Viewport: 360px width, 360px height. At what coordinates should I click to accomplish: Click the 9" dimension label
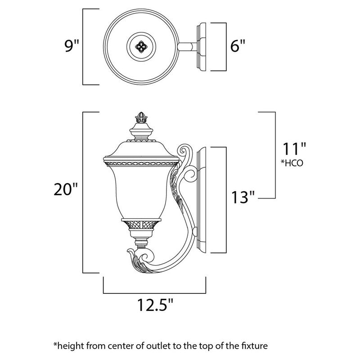[72, 46]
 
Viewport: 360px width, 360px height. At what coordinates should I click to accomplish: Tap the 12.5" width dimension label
[155, 306]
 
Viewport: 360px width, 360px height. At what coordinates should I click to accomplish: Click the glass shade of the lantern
[143, 189]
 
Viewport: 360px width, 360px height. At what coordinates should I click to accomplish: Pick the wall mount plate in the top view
[201, 46]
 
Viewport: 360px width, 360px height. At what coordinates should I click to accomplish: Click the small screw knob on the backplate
[195, 231]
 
